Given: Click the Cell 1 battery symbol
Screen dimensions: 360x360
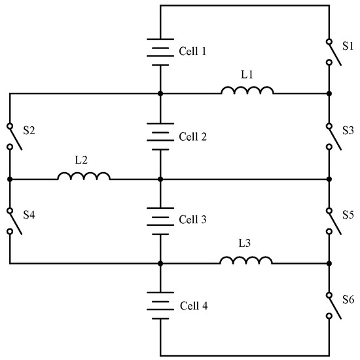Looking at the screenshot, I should [160, 51].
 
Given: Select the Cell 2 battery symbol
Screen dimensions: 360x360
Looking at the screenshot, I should [160, 136].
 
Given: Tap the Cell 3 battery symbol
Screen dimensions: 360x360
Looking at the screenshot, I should [160, 221].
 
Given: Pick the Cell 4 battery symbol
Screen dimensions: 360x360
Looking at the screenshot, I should [160, 306].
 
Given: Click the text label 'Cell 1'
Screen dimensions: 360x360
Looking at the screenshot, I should [192, 51].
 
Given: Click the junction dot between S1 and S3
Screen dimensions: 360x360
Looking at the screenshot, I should [329, 94].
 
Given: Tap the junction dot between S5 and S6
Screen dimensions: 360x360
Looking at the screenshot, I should [329, 264].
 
